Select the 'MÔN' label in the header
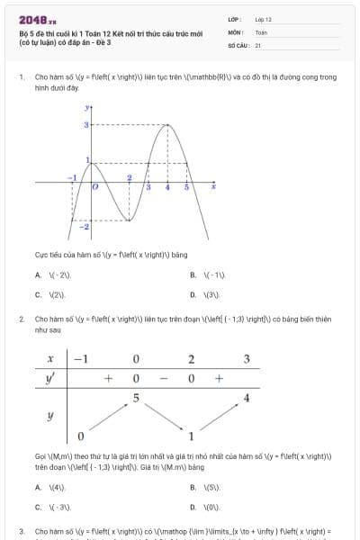[237, 31]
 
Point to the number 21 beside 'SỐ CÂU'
[258, 44]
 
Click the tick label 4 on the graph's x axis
[167, 186]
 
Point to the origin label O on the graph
[95, 187]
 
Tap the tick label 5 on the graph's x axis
[186, 186]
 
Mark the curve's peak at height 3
[168, 125]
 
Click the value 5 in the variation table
[135, 397]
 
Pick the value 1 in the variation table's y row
[191, 436]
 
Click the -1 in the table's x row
[80, 359]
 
